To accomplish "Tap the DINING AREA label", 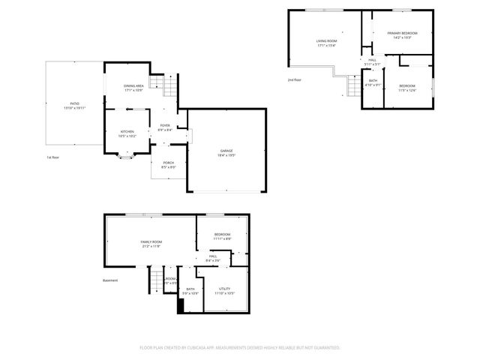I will click(134, 86).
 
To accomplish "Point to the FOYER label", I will click(165, 125).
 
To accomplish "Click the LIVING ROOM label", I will click(326, 41).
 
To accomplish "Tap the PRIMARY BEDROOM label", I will click(402, 34).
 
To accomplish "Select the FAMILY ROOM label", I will click(151, 242).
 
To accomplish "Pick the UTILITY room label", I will click(224, 289).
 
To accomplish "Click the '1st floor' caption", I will click(52, 157).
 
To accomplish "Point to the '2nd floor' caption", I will click(295, 79).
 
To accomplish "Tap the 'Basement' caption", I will click(111, 280).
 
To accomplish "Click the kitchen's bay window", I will click(126, 157).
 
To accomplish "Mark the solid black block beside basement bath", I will click(180, 305).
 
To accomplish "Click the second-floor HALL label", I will click(372, 61).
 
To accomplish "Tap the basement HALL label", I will click(214, 257).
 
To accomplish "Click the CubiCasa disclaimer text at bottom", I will click(240, 347).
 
